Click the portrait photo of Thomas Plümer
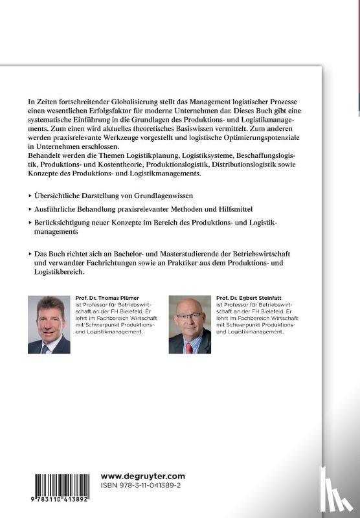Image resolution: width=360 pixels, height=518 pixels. click(49, 324)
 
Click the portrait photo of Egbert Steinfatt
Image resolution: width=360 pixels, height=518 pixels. click(190, 324)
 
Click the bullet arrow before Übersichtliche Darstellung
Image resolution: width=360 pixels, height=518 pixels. click(31, 195)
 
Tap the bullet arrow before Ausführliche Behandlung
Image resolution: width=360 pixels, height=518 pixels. click(31, 209)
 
